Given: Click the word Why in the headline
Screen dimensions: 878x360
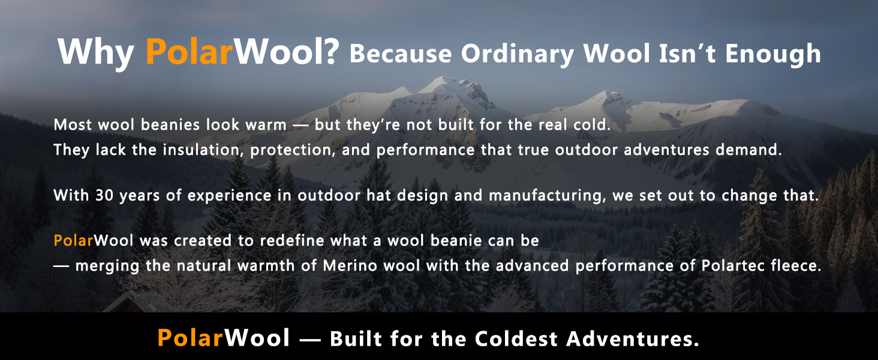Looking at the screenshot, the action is [96, 53].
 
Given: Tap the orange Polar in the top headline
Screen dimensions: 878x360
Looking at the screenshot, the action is [190, 52].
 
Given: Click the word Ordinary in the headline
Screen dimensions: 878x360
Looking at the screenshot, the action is [518, 54].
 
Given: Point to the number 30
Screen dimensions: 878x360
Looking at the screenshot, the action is [104, 195].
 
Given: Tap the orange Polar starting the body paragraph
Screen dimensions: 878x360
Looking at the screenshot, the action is [73, 241].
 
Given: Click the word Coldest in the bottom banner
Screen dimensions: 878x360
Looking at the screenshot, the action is [516, 338].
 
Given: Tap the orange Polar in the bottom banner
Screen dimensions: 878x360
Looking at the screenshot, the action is [191, 337].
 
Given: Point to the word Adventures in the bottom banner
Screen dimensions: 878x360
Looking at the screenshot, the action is [633, 338].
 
